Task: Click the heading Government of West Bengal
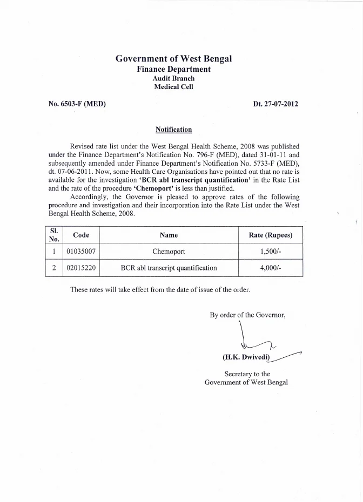point(173,59)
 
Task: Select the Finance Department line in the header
point(173,69)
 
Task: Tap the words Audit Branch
point(173,78)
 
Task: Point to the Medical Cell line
point(173,86)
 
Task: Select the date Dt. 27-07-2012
point(275,104)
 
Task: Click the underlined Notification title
point(173,130)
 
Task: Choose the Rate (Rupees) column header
point(271,235)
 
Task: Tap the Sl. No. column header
point(53,235)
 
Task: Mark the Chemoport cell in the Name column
point(169,252)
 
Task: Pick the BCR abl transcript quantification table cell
point(169,268)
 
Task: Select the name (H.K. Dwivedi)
point(246,357)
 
